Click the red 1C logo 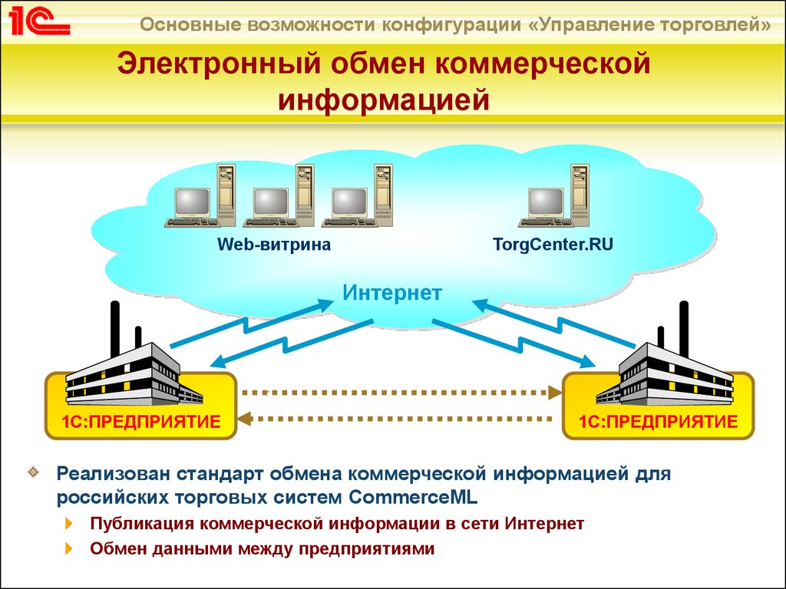point(39,22)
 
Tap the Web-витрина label point(274,245)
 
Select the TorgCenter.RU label point(553,245)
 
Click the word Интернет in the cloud point(392,293)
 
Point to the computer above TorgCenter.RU point(554,196)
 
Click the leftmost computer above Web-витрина point(200,196)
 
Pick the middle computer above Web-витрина point(279,196)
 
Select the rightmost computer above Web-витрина point(357,196)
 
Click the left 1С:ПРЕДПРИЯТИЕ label point(141,422)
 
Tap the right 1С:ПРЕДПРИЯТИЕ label point(658,422)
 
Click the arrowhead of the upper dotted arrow point(556,393)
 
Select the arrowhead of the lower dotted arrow point(244,419)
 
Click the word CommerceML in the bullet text point(413,498)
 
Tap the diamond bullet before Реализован point(34,472)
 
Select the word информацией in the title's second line point(384,100)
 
